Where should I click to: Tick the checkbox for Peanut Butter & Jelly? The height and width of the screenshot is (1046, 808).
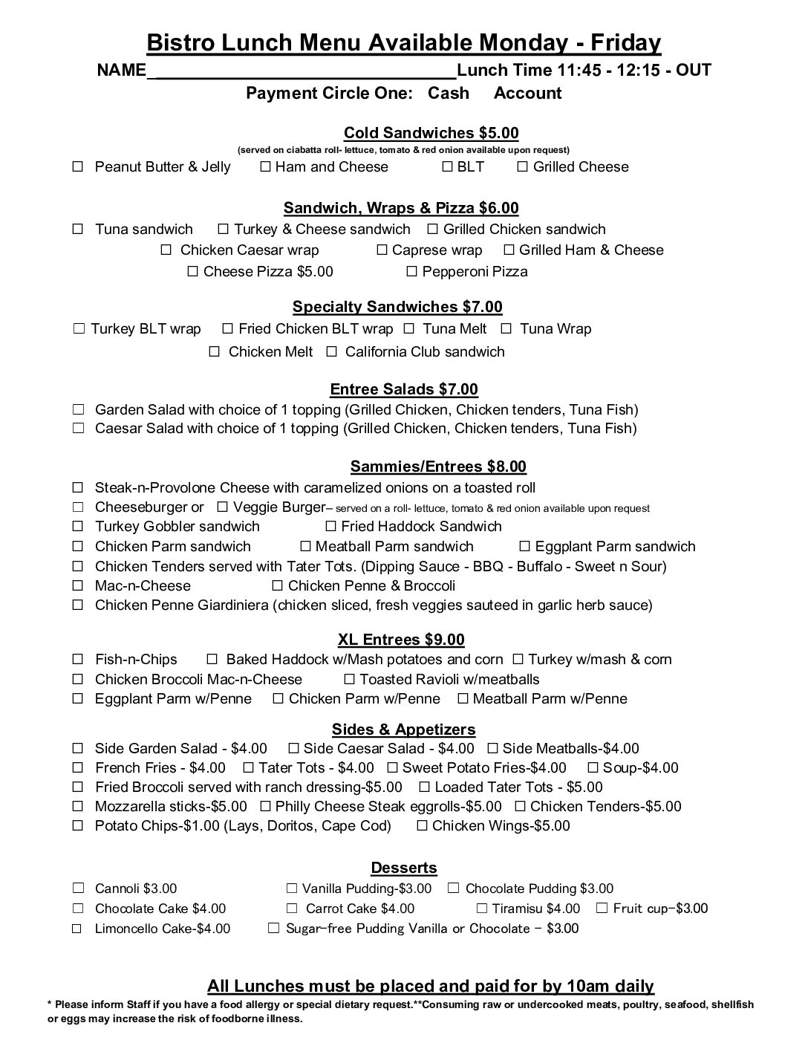(x=78, y=167)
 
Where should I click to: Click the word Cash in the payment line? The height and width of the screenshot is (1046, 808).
(x=449, y=93)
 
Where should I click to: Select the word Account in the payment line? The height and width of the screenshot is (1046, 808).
(x=527, y=93)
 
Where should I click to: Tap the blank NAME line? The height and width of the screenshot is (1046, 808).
(x=302, y=71)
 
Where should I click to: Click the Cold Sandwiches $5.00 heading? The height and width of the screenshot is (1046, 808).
(x=431, y=133)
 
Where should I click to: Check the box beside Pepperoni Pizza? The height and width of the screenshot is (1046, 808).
(x=412, y=272)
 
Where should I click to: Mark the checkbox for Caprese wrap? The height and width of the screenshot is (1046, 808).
(x=382, y=250)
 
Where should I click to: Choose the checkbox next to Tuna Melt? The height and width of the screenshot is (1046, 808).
(x=408, y=329)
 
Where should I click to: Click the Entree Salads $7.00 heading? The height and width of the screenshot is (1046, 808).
(x=404, y=389)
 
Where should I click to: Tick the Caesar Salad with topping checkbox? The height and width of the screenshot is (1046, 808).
(x=78, y=429)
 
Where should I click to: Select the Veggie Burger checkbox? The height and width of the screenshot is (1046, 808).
(x=222, y=507)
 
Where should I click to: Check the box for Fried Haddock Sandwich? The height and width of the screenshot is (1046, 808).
(x=330, y=527)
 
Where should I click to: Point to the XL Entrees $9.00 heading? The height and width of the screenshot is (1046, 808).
(x=401, y=640)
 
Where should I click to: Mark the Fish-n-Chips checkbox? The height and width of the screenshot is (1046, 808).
(x=78, y=660)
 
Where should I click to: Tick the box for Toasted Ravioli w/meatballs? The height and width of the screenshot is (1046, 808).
(x=349, y=680)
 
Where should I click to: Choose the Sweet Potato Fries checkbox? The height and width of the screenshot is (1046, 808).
(x=392, y=768)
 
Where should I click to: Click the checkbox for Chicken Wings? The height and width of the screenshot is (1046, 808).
(x=422, y=826)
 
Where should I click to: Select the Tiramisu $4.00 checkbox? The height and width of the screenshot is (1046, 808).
(x=481, y=909)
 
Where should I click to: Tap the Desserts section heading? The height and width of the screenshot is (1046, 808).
(x=404, y=868)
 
